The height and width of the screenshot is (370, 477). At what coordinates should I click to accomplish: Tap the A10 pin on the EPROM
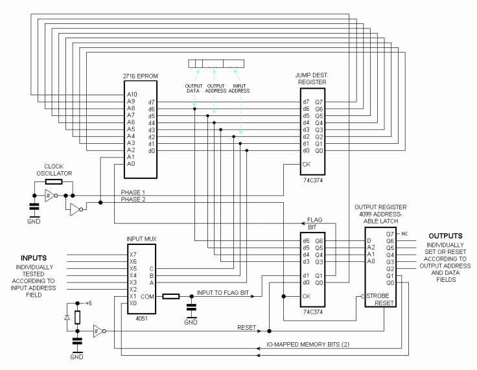point(132,93)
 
